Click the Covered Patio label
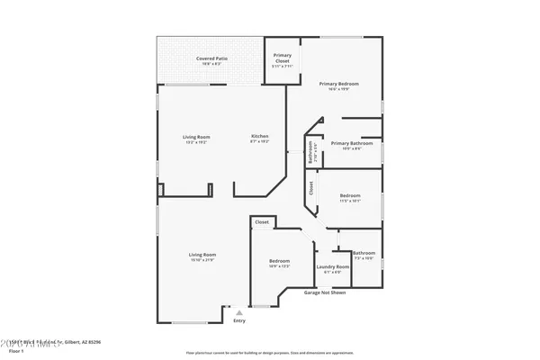click(211, 59)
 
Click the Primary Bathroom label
click(352, 144)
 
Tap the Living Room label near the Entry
click(202, 256)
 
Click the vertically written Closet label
click(311, 188)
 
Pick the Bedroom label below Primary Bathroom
click(349, 197)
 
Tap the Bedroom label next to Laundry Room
click(279, 263)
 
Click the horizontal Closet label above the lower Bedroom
click(261, 221)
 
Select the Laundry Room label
click(332, 267)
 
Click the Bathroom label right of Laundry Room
click(364, 255)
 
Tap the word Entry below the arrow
click(238, 320)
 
